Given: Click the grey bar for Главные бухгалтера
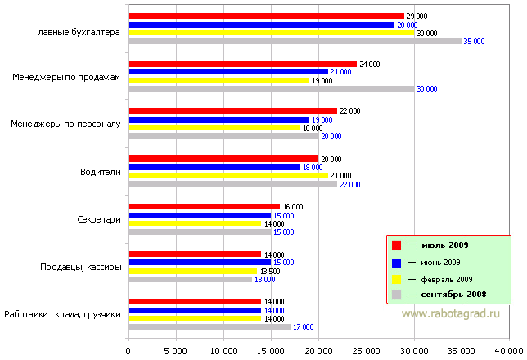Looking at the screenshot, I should click(295, 41).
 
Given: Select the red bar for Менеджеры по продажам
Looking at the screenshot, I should click(242, 64).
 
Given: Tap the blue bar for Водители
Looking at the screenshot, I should click(214, 167).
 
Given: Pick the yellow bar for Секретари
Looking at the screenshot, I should click(195, 223).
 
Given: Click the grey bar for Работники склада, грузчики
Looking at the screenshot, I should click(209, 326).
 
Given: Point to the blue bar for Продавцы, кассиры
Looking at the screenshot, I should click(195, 263).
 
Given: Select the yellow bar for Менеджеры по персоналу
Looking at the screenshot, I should click(214, 128).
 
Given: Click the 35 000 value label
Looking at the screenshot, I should click(474, 41).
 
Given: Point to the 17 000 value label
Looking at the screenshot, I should click(303, 327).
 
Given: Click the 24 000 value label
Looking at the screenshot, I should click(368, 64).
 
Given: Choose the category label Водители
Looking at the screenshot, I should click(101, 172).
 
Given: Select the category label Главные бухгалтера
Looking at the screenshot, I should click(77, 33).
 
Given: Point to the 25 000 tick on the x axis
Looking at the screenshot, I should click(366, 350).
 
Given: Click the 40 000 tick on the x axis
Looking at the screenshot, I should click(508, 350).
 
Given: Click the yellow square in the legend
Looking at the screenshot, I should click(396, 278).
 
